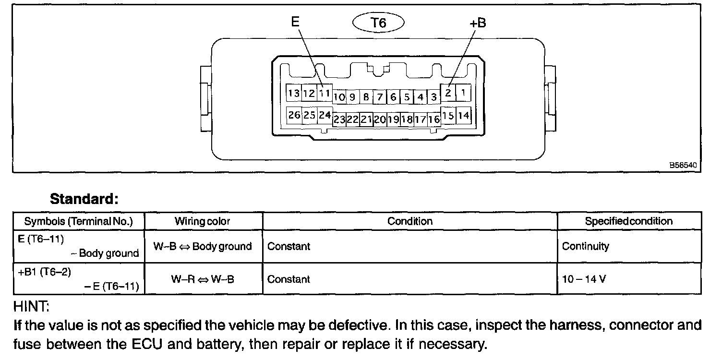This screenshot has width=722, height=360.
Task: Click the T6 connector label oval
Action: coord(379,22)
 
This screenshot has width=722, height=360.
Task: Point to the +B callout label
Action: coord(477,23)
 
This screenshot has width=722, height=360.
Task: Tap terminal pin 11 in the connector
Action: coord(325,93)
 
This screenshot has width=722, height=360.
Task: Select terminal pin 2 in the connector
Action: coord(448,93)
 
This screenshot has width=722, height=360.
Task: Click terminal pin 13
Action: coord(294,93)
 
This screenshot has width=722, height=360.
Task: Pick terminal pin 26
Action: coord(294,115)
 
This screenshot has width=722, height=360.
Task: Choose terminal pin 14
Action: coord(464,115)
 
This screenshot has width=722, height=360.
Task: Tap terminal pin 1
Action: coord(463,93)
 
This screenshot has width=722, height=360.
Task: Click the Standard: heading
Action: coord(84,199)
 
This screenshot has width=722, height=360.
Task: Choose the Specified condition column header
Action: coord(628,221)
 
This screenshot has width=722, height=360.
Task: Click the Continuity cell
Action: coord(585,246)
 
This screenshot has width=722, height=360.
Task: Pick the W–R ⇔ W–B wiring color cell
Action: coord(203,279)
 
